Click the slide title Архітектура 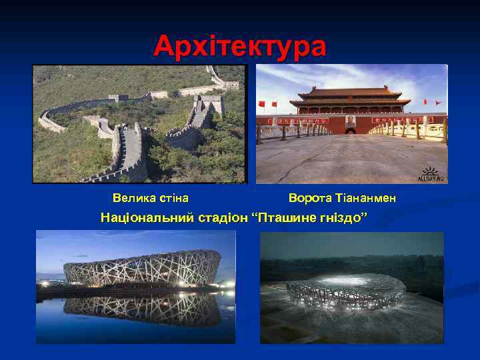pyautogui.click(x=240, y=47)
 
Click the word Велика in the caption pyautogui.click(x=131, y=198)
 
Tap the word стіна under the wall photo pyautogui.click(x=173, y=198)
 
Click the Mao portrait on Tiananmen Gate pyautogui.click(x=350, y=121)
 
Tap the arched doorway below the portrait pyautogui.click(x=350, y=130)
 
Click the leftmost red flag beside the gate pyautogui.click(x=262, y=103)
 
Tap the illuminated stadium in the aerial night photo pyautogui.click(x=345, y=293)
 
